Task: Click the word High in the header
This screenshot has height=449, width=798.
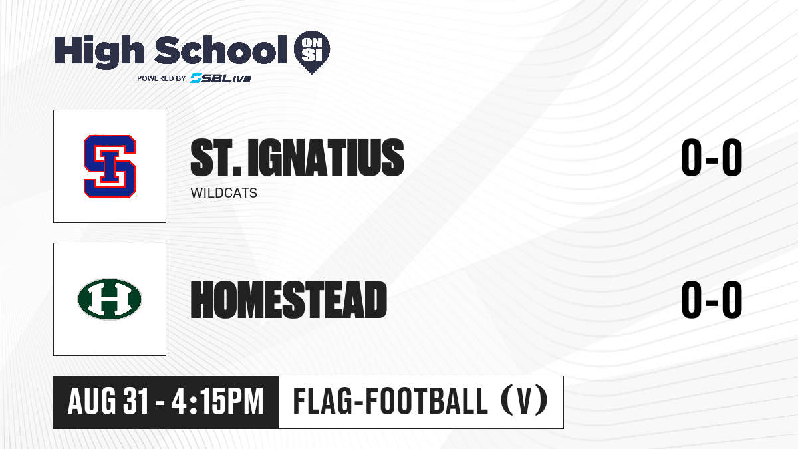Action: pos(100,52)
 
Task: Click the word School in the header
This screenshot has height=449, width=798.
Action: pos(221,50)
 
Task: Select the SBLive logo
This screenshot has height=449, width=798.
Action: pos(221,78)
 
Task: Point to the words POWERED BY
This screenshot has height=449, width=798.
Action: pos(162,78)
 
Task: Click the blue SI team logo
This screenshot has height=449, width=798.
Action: pos(110,166)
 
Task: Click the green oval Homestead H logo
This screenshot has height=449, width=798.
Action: pos(110,299)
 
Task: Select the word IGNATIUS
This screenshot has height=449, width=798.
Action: pos(326,158)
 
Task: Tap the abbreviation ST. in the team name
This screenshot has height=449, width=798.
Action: pos(216,158)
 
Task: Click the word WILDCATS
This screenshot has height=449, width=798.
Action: pos(223,193)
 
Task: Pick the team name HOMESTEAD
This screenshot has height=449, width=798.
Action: pos(289,300)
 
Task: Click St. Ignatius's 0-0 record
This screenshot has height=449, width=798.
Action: pos(712,158)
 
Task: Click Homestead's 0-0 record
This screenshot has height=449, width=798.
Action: pos(712,299)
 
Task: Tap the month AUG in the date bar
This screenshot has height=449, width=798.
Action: pos(92,402)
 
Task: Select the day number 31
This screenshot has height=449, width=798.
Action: pos(135,402)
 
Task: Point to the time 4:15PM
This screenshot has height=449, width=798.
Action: pos(217,402)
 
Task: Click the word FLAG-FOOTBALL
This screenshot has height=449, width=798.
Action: pos(390,401)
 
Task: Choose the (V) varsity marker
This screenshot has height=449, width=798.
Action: pos(525,401)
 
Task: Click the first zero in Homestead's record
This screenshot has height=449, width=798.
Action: pos(692,299)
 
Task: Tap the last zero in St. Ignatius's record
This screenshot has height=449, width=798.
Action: pos(732,158)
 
